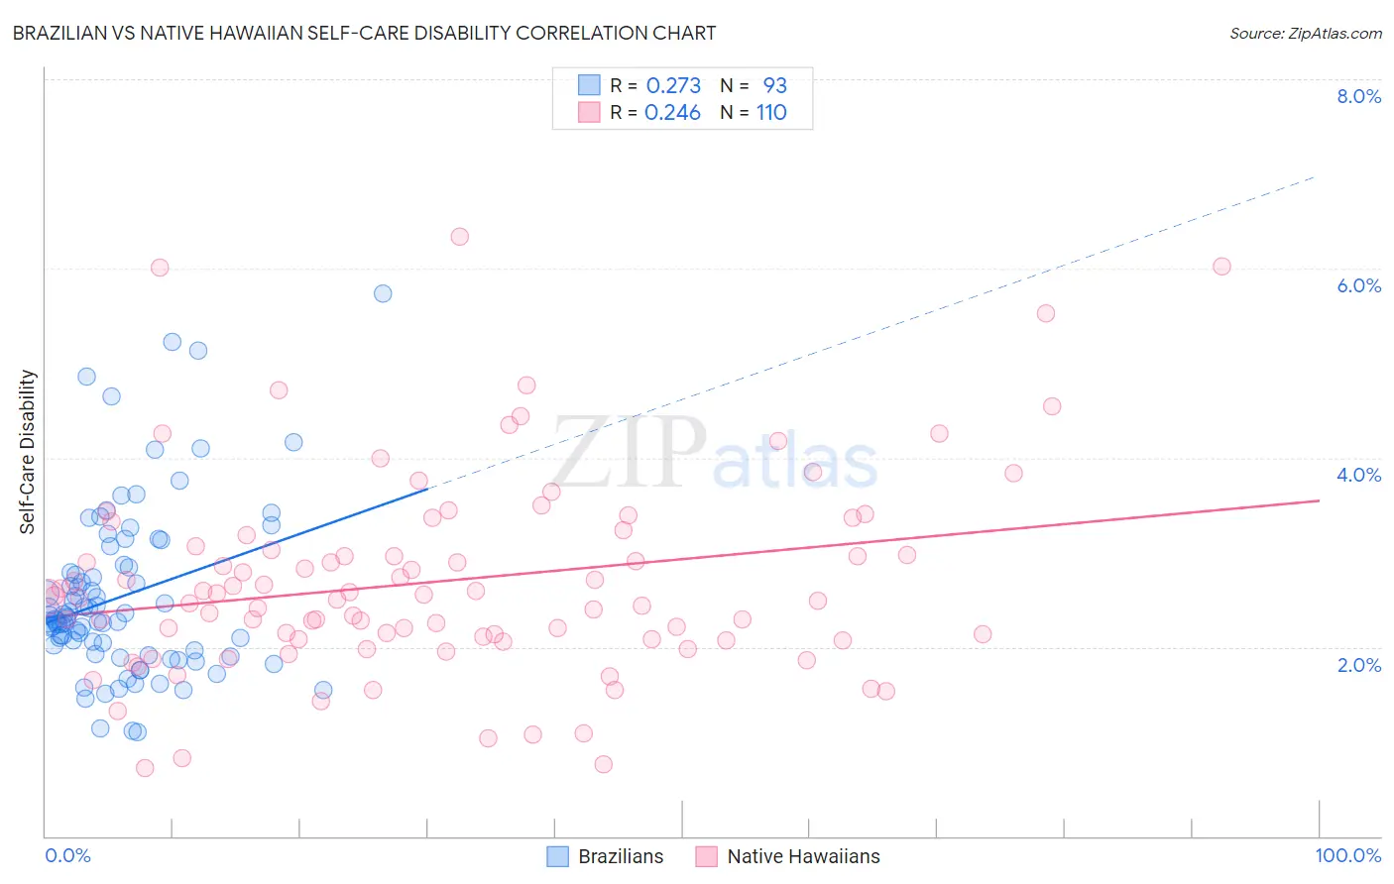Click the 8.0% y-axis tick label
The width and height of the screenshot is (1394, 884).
click(x=1358, y=96)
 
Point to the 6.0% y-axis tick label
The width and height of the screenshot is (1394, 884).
click(x=1358, y=285)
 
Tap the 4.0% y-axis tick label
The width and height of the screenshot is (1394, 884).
click(x=1358, y=475)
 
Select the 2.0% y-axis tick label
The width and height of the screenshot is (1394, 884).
click(x=1358, y=665)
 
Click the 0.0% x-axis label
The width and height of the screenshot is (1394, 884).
click(x=67, y=856)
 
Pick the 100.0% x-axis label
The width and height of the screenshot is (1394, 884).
click(x=1347, y=856)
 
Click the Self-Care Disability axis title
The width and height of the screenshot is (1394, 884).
click(x=28, y=452)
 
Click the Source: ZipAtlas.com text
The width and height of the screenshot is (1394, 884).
click(x=1305, y=33)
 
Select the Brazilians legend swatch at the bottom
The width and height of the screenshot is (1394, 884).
click(x=558, y=856)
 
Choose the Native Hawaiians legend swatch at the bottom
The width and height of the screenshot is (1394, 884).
click(x=706, y=856)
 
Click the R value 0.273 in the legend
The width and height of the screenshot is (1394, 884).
click(x=673, y=86)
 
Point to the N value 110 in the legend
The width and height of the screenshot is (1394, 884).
click(x=771, y=113)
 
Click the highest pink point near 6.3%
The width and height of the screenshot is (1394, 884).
click(x=459, y=237)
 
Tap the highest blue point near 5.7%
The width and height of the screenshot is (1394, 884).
click(x=383, y=293)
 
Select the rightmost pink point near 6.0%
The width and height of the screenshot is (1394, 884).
click(x=1221, y=267)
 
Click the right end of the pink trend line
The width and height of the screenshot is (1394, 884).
click(x=1319, y=500)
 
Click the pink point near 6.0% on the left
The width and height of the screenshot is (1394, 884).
click(x=160, y=268)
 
